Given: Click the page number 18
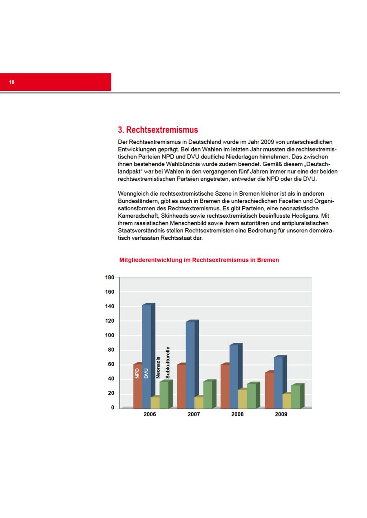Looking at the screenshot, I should click(x=11, y=82).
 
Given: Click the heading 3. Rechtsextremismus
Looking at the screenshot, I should click(x=158, y=130).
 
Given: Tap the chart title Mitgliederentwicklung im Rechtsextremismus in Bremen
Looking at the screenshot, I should click(x=199, y=260).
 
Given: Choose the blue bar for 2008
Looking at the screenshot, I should click(x=234, y=375).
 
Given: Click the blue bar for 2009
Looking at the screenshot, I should click(x=278, y=381).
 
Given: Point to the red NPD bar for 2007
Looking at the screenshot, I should click(x=181, y=386).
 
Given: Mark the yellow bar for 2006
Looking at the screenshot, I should click(x=155, y=403).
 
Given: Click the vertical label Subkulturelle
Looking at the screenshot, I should click(x=168, y=363).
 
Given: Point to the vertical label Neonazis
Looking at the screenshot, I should click(x=158, y=368).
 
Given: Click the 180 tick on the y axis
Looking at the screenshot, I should click(x=110, y=278).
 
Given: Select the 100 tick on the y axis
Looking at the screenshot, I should click(x=110, y=335).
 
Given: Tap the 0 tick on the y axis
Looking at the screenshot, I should click(x=113, y=408).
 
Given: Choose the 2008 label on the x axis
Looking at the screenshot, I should click(x=237, y=414).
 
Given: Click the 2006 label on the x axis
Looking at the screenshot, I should click(x=150, y=414).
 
